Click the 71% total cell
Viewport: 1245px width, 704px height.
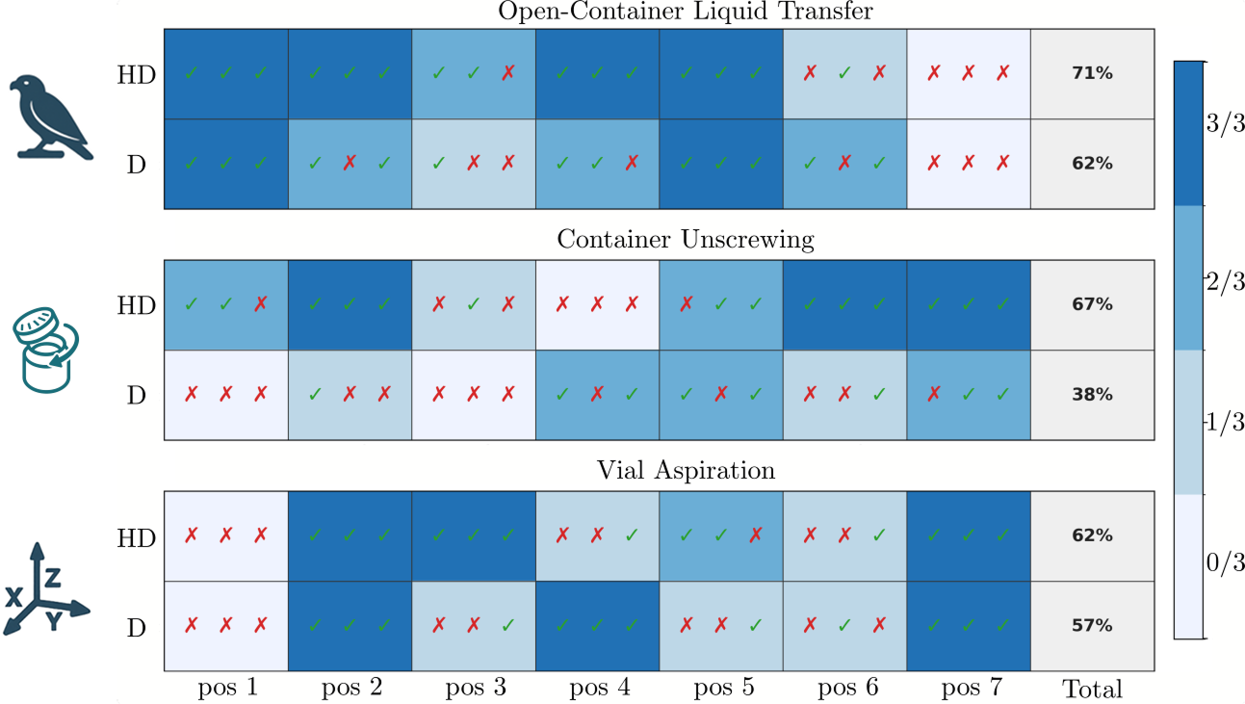point(1092,73)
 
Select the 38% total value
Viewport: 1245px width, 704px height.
point(1092,395)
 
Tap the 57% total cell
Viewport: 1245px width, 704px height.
point(1092,626)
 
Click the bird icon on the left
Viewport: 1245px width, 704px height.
point(50,117)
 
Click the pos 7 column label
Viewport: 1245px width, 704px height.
point(969,689)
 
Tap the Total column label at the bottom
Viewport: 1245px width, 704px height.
point(1092,690)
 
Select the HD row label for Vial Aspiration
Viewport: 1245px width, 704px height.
point(136,537)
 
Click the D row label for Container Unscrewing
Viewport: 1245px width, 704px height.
point(136,396)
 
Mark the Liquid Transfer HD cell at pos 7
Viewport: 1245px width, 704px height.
point(969,73)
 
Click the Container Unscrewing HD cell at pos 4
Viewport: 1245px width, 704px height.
point(597,304)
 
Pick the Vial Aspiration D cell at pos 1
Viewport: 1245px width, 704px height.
point(226,626)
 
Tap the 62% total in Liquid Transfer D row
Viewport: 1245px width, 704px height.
point(1092,164)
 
